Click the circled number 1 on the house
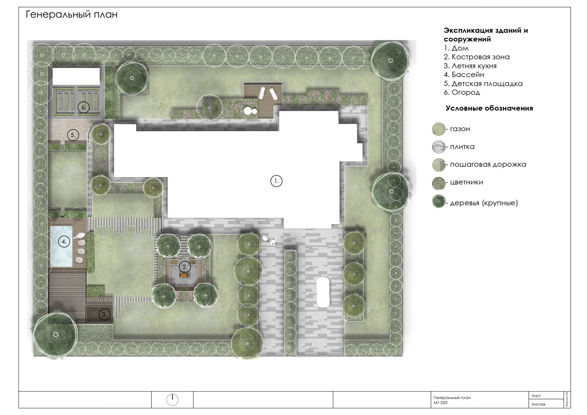(276, 181)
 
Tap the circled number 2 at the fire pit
(185, 267)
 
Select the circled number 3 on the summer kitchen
(104, 314)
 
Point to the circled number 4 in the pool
(64, 241)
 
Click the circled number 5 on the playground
(73, 135)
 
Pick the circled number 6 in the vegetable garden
(83, 107)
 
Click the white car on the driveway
(323, 292)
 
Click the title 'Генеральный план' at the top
(72, 15)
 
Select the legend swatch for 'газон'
(439, 129)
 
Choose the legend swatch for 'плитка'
(439, 147)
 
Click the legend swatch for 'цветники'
(439, 183)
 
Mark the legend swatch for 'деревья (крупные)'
(439, 202)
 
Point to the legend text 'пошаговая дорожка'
(488, 164)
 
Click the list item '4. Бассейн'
(464, 75)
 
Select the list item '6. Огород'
(462, 93)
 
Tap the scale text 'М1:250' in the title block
(441, 403)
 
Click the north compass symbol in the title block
(172, 400)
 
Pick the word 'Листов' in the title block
(538, 404)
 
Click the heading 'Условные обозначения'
(489, 108)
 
